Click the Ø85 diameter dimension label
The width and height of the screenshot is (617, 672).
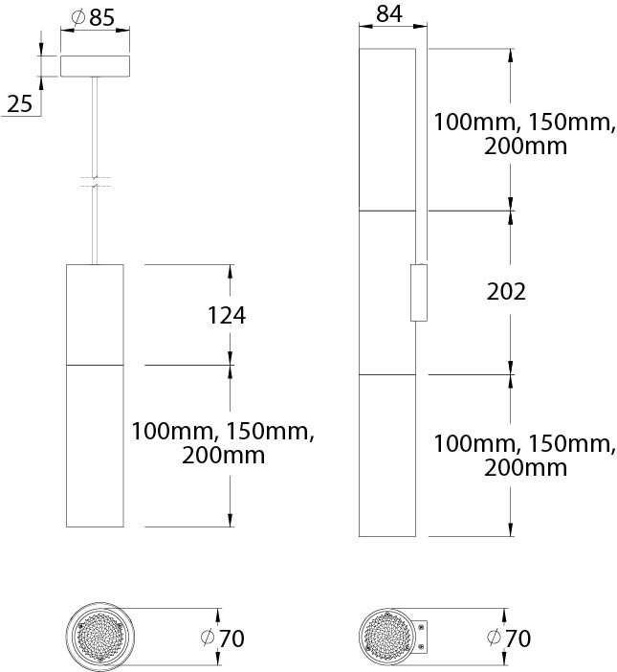[94, 17]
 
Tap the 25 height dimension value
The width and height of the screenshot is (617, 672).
[20, 104]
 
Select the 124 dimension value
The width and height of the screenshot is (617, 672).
[227, 316]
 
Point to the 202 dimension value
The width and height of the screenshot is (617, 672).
[506, 292]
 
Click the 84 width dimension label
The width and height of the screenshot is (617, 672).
[389, 13]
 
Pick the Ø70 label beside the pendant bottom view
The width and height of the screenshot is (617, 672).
[223, 638]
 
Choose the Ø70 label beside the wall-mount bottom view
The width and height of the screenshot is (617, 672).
[509, 638]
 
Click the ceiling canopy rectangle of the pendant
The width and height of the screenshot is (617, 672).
[95, 66]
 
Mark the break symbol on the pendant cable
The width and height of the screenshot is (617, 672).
[95, 182]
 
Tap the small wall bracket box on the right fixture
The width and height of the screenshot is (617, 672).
[419, 293]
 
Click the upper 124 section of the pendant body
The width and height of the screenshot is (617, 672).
[95, 315]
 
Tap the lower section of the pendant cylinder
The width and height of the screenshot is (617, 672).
[95, 446]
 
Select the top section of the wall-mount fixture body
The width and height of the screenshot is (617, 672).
[387, 130]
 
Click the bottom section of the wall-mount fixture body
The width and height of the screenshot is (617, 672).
[387, 456]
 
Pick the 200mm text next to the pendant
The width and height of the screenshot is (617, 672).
[223, 455]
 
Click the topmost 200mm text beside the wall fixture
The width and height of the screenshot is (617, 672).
[525, 146]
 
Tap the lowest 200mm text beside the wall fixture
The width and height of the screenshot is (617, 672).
[525, 467]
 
